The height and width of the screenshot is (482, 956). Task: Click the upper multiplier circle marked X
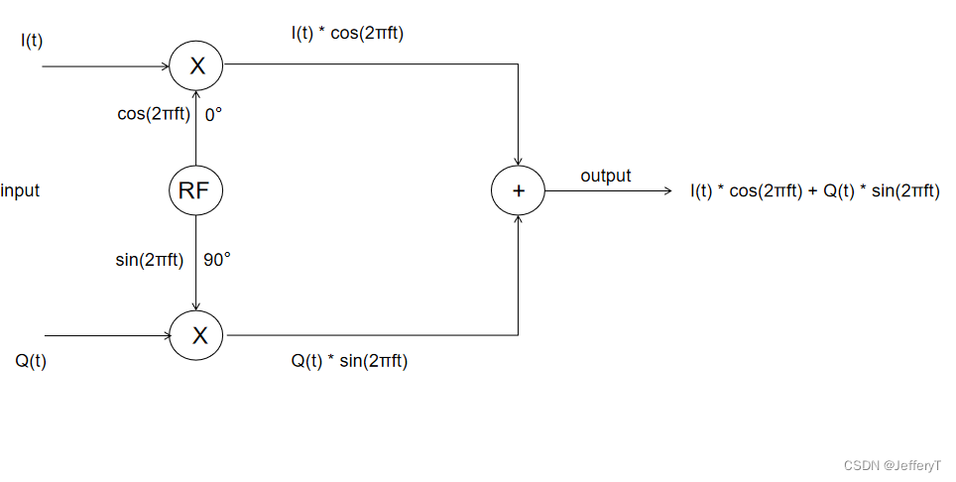196,66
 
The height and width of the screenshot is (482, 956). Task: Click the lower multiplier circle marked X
196,335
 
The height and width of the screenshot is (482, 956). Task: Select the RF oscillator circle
195,190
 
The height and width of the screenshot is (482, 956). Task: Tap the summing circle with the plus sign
518,190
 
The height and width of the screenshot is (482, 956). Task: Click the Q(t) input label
31,361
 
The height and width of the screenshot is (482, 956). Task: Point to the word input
20,190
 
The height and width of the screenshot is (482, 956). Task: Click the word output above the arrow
605,176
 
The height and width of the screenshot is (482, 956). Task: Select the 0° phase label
213,114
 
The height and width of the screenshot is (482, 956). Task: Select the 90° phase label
217,260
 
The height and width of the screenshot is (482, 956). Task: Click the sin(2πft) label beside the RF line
150,260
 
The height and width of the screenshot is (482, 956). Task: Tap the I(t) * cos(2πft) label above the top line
347,34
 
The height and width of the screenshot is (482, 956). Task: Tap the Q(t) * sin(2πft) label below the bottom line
349,361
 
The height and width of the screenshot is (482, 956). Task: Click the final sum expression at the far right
814,190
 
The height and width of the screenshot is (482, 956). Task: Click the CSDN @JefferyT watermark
892,465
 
